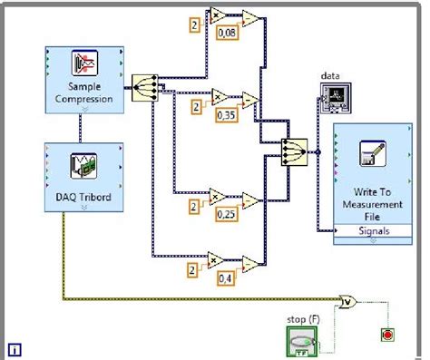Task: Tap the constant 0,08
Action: (x=227, y=34)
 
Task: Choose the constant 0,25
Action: (x=227, y=213)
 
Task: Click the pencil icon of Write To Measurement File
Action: (x=373, y=153)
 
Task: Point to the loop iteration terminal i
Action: (x=15, y=348)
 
